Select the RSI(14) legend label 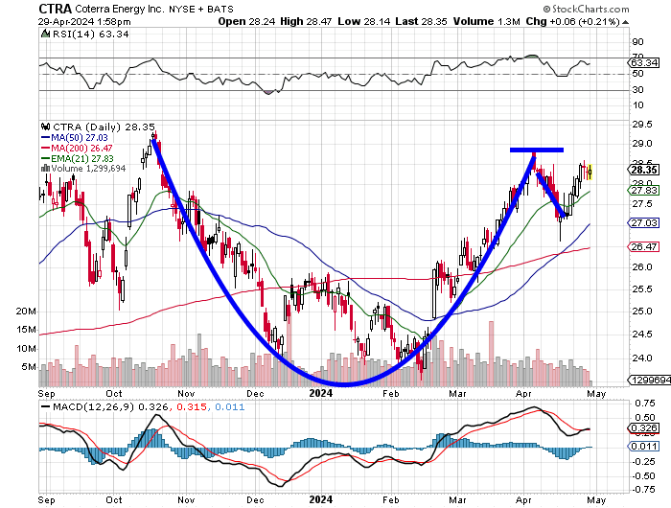click(76, 35)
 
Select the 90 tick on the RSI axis click(636, 42)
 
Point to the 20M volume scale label click(26, 312)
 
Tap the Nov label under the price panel click(186, 392)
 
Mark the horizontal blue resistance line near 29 click(536, 150)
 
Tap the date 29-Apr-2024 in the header click(69, 21)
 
